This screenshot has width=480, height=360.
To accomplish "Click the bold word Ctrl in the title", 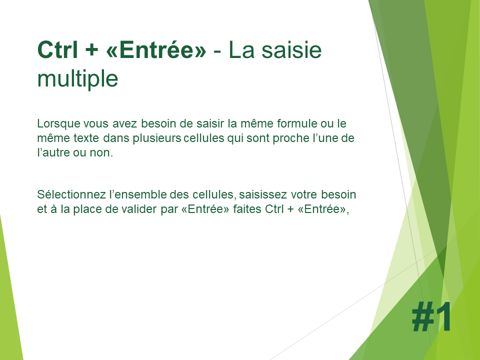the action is pyautogui.click(x=57, y=49).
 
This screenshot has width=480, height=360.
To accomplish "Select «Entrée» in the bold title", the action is pyautogui.click(x=156, y=49).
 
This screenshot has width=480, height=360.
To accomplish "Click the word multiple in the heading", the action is pyautogui.click(x=77, y=78).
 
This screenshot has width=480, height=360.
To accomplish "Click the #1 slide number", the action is pyautogui.click(x=431, y=316).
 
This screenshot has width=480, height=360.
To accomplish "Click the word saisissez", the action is pyautogui.click(x=263, y=194).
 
